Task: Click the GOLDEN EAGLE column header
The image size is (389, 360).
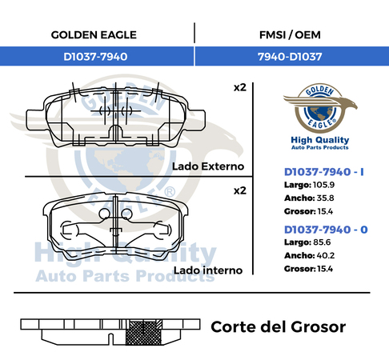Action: pos(94,35)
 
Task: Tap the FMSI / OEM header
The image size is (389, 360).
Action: pos(290,35)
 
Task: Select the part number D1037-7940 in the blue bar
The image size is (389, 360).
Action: pos(95,57)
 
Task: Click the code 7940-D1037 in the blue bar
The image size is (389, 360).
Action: pos(290,57)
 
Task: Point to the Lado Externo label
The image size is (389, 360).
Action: pos(208,166)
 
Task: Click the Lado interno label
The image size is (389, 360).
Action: pos(208,270)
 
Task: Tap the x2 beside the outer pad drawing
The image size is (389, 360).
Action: pos(240,87)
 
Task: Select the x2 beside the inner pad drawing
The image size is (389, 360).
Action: pos(240,190)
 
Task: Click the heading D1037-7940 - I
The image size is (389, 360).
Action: pos(324,172)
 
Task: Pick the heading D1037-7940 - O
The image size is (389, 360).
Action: pos(326,230)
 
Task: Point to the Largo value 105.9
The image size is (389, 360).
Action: pos(323,185)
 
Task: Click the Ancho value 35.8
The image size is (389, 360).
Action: pos(325,198)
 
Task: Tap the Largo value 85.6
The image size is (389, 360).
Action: pos(322,242)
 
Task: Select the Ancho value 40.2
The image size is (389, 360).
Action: pos(326,255)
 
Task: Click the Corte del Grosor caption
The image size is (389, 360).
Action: pos(279,327)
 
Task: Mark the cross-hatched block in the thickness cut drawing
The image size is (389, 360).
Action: pos(143,332)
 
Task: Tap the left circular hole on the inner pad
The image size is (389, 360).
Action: pos(104,214)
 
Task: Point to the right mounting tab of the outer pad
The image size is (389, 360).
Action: pos(197,120)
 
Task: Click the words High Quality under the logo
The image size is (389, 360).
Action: pos(320,140)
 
